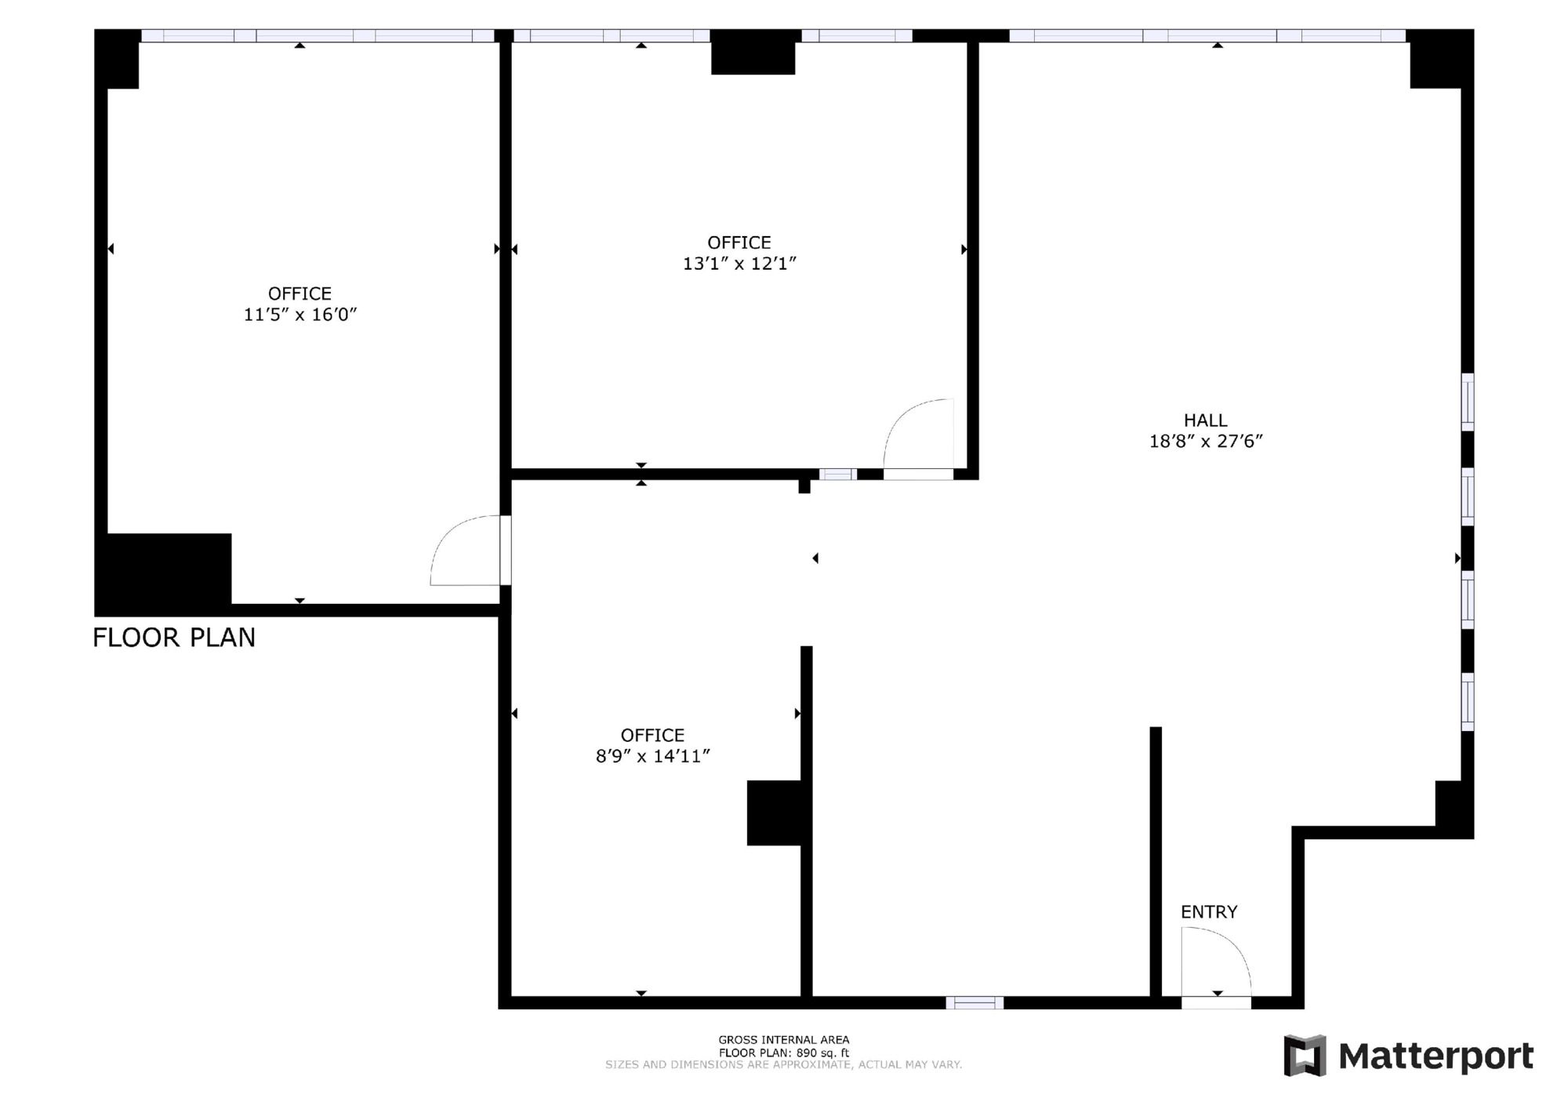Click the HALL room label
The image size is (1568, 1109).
(1206, 420)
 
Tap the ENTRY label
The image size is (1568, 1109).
(1209, 911)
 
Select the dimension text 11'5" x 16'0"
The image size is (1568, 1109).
(300, 315)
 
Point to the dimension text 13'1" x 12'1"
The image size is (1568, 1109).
(739, 264)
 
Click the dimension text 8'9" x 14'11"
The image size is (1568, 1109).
(653, 756)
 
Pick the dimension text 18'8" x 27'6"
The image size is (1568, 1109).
(1206, 441)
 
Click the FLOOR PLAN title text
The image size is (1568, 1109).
(174, 638)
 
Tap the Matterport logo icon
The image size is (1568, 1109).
(1305, 1055)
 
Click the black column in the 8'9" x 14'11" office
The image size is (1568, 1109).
(774, 813)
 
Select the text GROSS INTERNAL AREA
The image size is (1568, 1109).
(784, 1040)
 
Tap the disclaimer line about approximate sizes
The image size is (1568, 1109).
(783, 1064)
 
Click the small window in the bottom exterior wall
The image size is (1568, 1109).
(975, 1002)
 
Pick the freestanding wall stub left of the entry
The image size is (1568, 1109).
(1156, 862)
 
